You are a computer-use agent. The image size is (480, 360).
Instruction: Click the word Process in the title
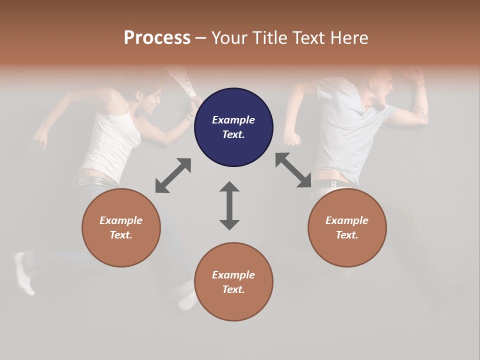pyautogui.click(x=157, y=38)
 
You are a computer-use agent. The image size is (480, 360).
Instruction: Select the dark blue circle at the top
pyautogui.click(x=233, y=127)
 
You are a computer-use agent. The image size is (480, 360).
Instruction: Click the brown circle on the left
pyautogui.click(x=121, y=227)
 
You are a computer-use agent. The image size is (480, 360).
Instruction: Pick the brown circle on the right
pyautogui.click(x=347, y=227)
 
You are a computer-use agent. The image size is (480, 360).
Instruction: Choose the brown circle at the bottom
pyautogui.click(x=233, y=281)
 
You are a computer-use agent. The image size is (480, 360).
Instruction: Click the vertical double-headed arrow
pyautogui.click(x=229, y=205)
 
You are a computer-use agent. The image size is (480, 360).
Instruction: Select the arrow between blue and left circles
pyautogui.click(x=173, y=175)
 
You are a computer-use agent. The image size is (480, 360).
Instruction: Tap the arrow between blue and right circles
pyautogui.click(x=293, y=170)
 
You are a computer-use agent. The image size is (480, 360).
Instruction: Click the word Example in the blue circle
pyautogui.click(x=233, y=120)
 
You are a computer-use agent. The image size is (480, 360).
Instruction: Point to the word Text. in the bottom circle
pyautogui.click(x=233, y=289)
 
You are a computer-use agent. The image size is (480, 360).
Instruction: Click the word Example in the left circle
pyautogui.click(x=121, y=220)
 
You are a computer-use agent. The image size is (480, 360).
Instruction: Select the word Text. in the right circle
pyautogui.click(x=347, y=235)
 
